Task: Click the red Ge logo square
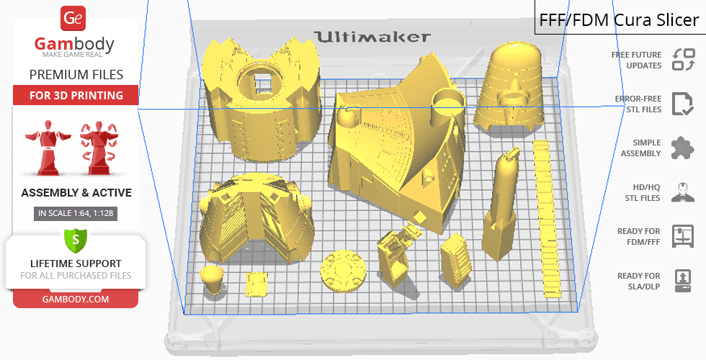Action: coord(73,18)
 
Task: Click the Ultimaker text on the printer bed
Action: coord(372,37)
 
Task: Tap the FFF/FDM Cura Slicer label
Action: coord(619,20)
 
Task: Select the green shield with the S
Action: coord(76,240)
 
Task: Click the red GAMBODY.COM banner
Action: coord(76,300)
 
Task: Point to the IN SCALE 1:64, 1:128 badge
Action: coord(76,213)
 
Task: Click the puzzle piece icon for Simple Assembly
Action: coord(683,148)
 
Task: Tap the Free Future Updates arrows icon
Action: coord(684,59)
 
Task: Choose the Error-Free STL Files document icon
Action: coord(683,104)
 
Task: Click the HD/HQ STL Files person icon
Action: coord(683,192)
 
